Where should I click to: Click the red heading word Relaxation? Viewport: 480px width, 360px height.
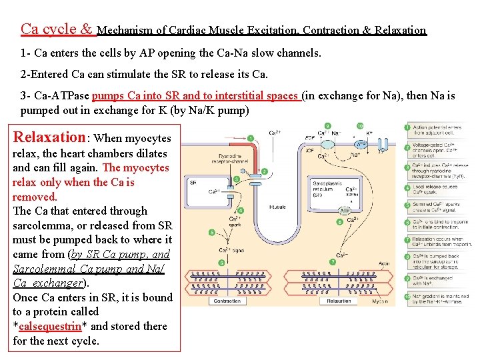[49, 137]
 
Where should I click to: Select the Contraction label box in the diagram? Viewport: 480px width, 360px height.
[227, 301]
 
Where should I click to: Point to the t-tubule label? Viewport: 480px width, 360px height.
[277, 207]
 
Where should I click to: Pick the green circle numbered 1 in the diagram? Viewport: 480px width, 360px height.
[251, 139]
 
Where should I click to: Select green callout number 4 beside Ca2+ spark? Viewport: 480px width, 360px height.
[240, 211]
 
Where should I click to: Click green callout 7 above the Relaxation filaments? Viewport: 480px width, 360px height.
[331, 262]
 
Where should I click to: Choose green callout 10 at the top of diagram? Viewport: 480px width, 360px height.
[360, 125]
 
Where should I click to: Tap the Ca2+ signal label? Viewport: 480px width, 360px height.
[230, 251]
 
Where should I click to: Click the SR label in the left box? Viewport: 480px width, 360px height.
[193, 181]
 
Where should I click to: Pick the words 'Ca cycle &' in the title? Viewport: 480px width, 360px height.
[57, 29]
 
